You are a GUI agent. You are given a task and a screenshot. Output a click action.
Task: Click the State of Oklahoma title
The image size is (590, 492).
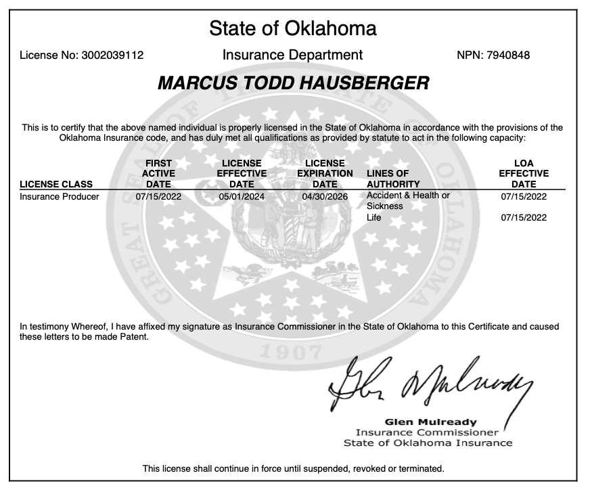(x=293, y=28)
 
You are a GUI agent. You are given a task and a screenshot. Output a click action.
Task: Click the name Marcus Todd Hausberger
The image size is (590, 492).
(x=293, y=84)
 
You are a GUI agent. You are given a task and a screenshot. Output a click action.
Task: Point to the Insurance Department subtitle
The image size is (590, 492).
(x=292, y=55)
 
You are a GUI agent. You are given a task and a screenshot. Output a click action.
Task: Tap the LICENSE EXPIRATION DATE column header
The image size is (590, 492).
(x=325, y=174)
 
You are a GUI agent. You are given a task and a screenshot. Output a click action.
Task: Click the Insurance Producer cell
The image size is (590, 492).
(x=60, y=197)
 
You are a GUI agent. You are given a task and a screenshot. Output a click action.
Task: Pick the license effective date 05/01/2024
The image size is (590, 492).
(x=242, y=197)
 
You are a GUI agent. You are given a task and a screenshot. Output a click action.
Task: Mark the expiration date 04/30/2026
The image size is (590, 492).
(x=325, y=197)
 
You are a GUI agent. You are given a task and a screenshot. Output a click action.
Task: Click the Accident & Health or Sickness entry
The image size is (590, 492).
(x=408, y=200)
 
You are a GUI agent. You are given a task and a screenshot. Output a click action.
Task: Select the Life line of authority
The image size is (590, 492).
(x=373, y=217)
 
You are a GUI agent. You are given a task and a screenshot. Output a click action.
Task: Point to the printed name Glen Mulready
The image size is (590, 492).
(x=430, y=422)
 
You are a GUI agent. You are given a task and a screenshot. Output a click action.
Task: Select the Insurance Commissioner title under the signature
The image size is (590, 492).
(x=427, y=432)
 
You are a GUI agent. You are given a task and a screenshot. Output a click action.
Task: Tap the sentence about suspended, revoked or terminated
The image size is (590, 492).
(x=293, y=468)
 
